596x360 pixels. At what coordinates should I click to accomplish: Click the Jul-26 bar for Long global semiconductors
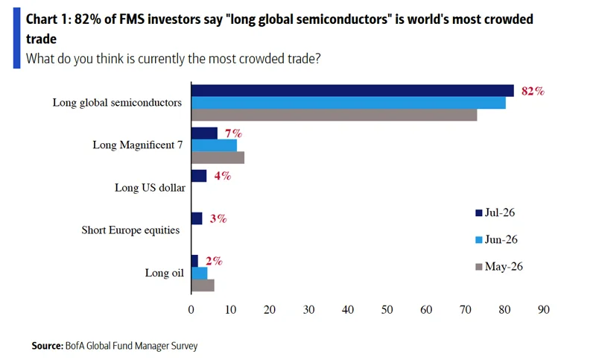[x=352, y=91]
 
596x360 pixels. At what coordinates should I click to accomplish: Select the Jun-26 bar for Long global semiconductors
[x=349, y=103]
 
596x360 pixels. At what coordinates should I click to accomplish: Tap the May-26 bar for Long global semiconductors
[x=334, y=116]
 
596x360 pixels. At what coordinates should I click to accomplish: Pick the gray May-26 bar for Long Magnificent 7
[x=218, y=158]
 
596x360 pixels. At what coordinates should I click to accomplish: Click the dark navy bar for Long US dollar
[x=199, y=176]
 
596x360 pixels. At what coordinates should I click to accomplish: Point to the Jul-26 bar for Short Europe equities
[x=197, y=218]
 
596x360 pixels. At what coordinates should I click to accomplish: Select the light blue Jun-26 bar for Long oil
[x=199, y=274]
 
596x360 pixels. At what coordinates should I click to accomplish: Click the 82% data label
[x=533, y=91]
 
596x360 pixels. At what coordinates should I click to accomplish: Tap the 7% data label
[x=233, y=133]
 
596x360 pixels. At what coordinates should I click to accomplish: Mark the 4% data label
[x=222, y=176]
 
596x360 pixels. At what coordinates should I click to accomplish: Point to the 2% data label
[x=214, y=261]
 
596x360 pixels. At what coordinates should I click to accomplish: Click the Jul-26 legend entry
[x=495, y=212]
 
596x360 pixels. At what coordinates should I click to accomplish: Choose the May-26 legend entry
[x=499, y=267]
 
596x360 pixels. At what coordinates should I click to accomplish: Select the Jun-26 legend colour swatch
[x=479, y=240]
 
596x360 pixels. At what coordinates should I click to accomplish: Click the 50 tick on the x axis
[x=387, y=310]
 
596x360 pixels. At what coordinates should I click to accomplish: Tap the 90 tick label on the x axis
[x=544, y=310]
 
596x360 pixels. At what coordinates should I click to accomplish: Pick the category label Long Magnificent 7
[x=138, y=145]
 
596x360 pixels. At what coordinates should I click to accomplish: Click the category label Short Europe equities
[x=130, y=230]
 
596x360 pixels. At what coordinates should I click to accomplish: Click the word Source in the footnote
[x=48, y=346]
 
